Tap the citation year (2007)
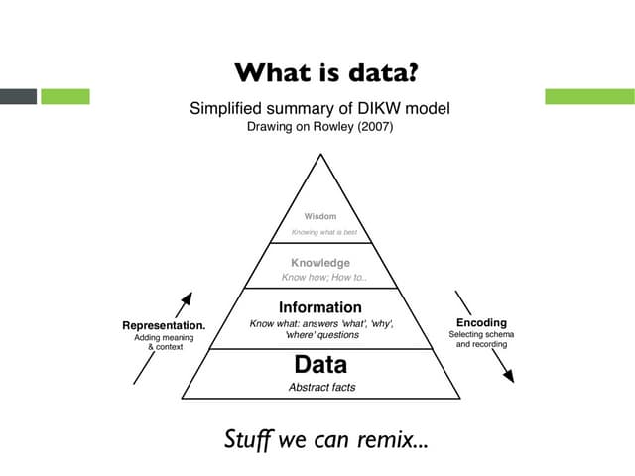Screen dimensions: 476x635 click(x=373, y=127)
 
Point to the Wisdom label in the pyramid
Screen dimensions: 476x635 click(x=320, y=216)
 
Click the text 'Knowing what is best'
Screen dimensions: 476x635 click(x=323, y=232)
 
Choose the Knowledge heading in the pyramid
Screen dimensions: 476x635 click(x=320, y=263)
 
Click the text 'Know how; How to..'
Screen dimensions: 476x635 click(x=324, y=278)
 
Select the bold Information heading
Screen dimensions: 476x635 click(x=320, y=307)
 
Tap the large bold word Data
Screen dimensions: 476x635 click(x=320, y=365)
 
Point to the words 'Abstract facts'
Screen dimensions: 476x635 click(x=321, y=387)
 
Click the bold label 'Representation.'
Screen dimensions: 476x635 click(x=164, y=325)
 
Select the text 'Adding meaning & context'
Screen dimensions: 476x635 click(x=164, y=343)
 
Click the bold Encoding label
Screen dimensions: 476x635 click(x=481, y=322)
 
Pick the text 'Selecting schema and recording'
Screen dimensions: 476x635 click(x=481, y=339)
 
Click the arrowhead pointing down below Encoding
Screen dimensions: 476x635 click(x=508, y=376)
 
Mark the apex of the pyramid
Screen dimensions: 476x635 click(x=319, y=155)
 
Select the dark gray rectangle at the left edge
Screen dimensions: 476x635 click(x=18, y=96)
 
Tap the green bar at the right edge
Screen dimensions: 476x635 click(x=589, y=96)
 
